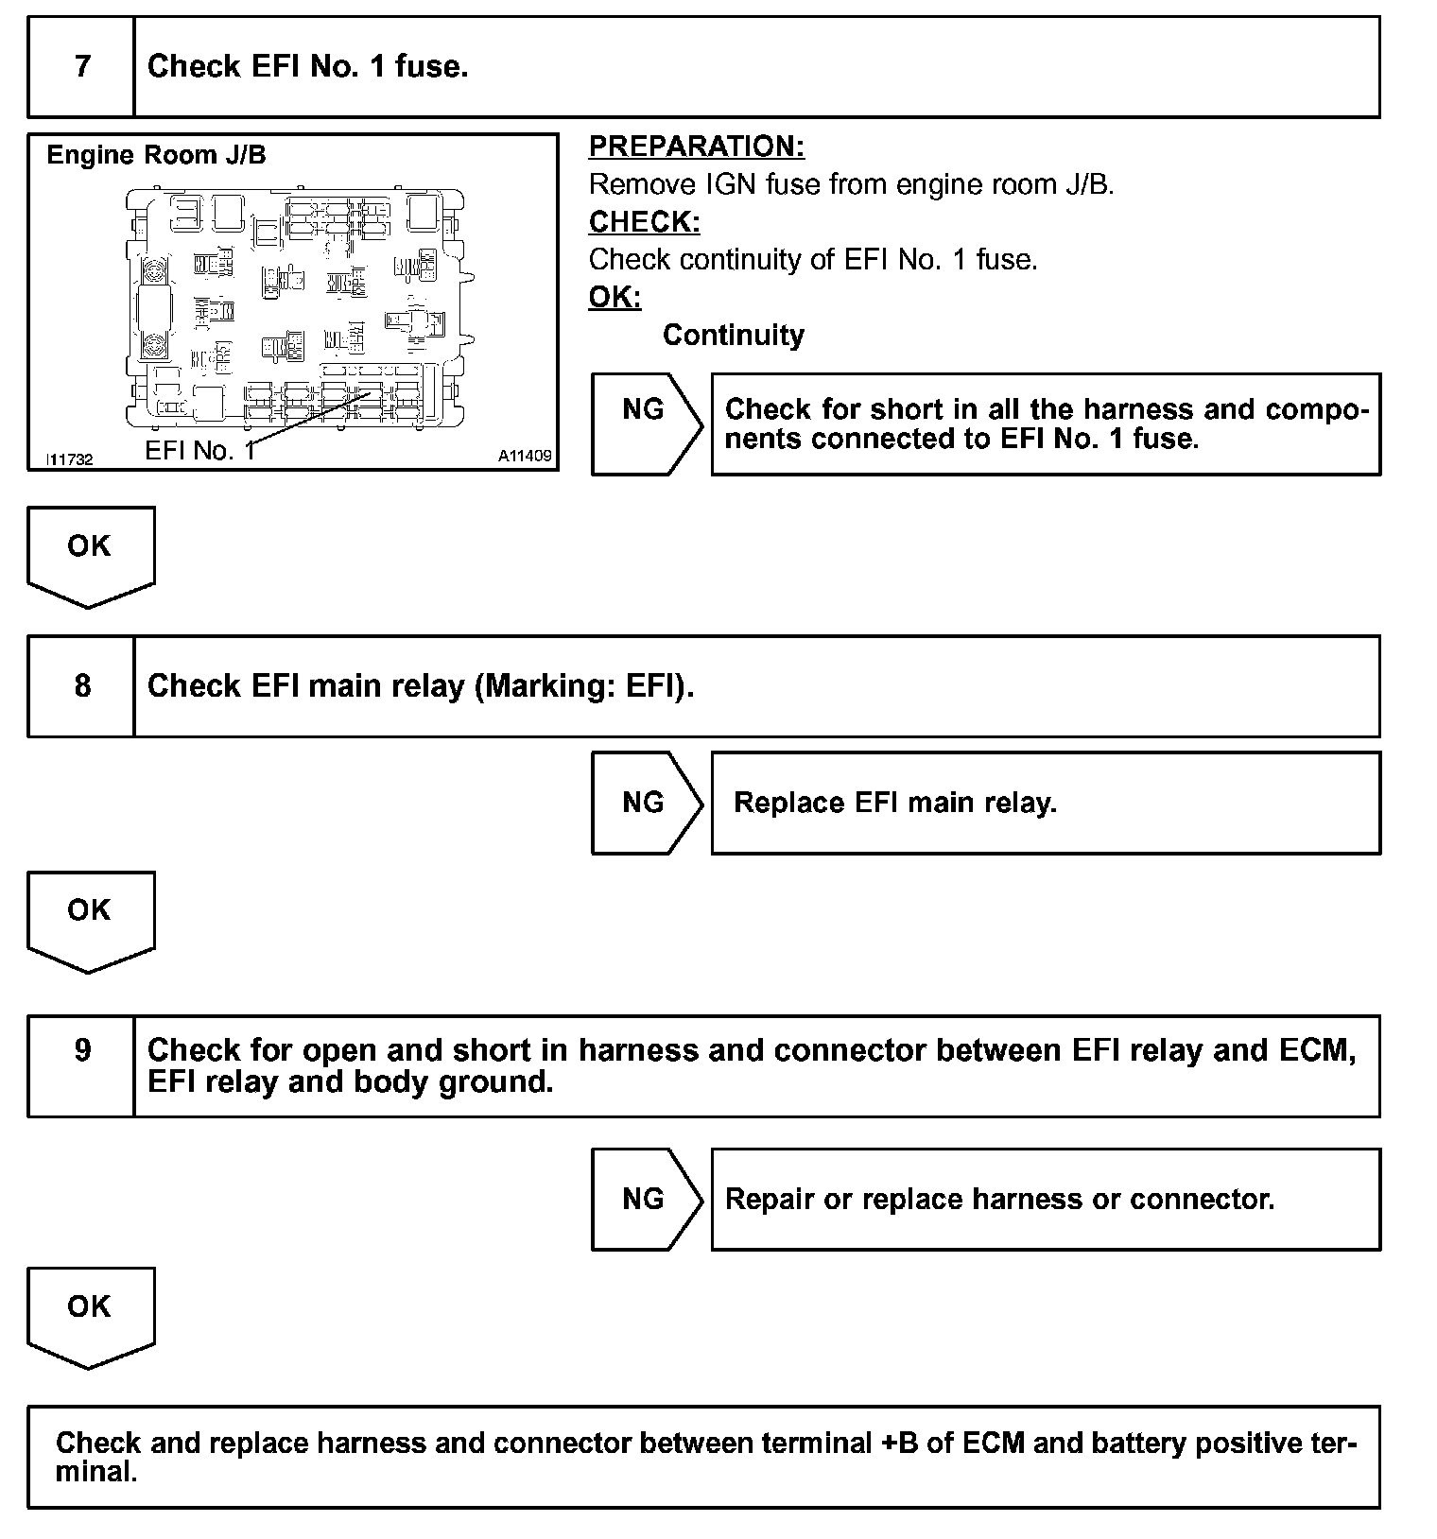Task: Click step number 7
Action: [82, 66]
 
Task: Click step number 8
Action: [82, 685]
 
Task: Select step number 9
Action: [82, 1050]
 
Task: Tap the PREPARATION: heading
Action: [697, 147]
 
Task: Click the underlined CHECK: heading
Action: [644, 222]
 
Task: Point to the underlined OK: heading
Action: [615, 297]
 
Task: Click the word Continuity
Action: [733, 335]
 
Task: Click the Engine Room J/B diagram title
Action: [156, 155]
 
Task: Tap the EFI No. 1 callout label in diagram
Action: [199, 451]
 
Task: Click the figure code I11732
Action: [70, 459]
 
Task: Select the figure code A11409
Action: [525, 457]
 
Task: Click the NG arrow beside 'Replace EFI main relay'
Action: [644, 803]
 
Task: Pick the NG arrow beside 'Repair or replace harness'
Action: [644, 1199]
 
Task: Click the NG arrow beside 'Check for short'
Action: [644, 409]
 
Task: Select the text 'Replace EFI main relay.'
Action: [894, 803]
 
